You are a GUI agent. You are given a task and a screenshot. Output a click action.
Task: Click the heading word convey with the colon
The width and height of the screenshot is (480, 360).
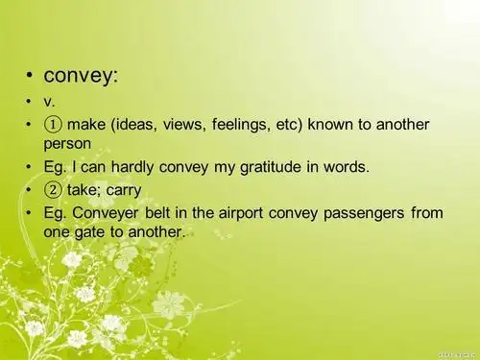click(x=82, y=75)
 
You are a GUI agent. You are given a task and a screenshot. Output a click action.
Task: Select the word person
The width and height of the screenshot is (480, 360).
click(x=67, y=143)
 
